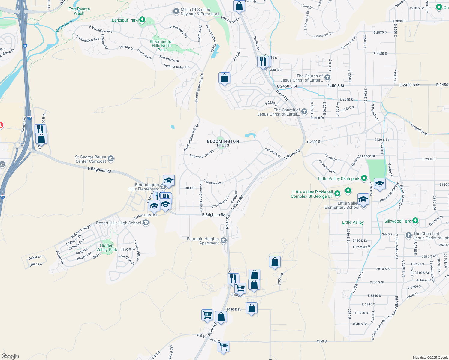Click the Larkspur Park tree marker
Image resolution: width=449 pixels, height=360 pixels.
pos(142,20)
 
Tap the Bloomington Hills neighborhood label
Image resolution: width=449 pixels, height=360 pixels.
pos(223,143)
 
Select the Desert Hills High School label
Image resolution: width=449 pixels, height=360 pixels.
pos(119,223)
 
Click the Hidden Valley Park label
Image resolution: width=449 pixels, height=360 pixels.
pos(107,247)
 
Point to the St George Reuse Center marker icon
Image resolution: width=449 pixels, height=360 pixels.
pos(111,158)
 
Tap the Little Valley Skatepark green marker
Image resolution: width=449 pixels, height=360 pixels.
pos(364,178)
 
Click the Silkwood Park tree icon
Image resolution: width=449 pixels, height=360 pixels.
pos(415,221)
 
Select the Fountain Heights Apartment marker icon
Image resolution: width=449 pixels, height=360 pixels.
pos(224,241)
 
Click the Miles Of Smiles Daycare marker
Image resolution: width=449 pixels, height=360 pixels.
pos(176,12)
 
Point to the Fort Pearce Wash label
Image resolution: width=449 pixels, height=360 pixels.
pos(79,11)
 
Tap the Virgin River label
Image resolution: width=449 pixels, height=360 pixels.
pos(64,26)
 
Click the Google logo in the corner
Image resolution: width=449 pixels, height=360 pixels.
pos(10,356)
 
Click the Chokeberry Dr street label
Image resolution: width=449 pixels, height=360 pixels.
pos(220,202)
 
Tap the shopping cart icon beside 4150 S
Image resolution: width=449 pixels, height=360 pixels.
pos(224,346)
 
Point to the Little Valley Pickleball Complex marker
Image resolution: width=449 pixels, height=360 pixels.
pos(337,194)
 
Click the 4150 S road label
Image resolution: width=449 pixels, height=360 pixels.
pos(321,341)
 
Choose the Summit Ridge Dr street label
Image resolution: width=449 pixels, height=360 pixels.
pos(176,66)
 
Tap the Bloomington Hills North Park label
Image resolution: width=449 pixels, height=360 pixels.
pos(161,46)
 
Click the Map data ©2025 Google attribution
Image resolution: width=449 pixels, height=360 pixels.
pos(430,357)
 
